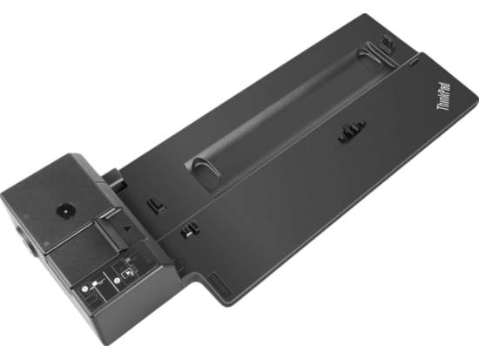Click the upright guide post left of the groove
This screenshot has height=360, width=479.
pyautogui.click(x=154, y=206)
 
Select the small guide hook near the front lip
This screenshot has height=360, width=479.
pyautogui.click(x=186, y=232)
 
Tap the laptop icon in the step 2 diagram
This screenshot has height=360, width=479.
pyautogui.click(x=127, y=274)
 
